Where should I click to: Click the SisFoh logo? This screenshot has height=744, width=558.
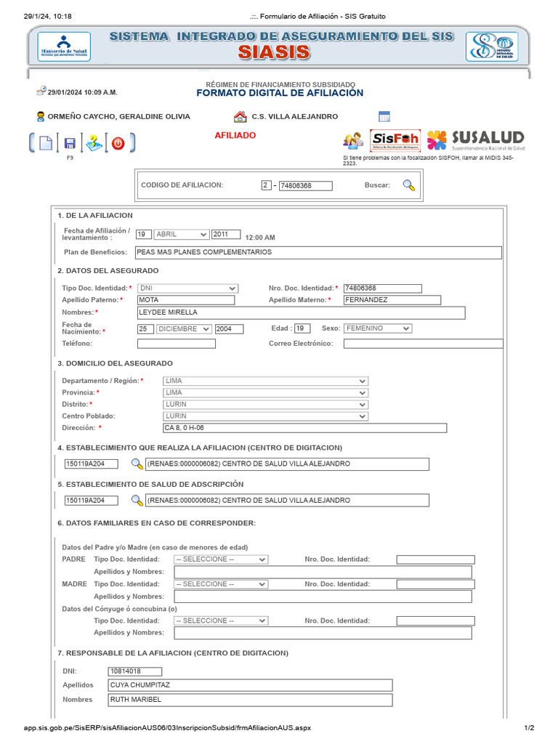tap(395, 139)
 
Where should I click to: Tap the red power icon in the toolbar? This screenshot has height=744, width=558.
tap(118, 143)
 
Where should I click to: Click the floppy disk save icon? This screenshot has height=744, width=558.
tap(70, 143)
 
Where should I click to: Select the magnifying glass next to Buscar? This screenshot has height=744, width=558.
tap(409, 185)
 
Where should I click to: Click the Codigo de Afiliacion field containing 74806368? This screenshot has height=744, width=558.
tap(305, 186)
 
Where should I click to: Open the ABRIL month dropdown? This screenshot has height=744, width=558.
tap(181, 235)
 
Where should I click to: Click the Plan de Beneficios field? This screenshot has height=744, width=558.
tap(318, 252)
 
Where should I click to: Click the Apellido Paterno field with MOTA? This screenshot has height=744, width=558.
tap(186, 300)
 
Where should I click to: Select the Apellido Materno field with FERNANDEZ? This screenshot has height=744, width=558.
tap(392, 300)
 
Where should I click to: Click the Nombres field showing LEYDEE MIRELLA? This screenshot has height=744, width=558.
tap(301, 312)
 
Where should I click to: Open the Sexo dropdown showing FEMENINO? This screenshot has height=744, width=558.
tap(377, 328)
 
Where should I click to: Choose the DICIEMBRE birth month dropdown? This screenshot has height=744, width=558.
tap(184, 329)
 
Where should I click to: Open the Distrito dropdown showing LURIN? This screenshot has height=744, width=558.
tap(265, 404)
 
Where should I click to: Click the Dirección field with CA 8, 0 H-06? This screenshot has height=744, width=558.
tap(304, 428)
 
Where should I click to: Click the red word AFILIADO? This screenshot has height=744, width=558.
tap(235, 136)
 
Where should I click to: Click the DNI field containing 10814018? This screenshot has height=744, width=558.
tap(134, 672)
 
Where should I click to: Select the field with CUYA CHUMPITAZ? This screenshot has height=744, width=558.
tap(250, 685)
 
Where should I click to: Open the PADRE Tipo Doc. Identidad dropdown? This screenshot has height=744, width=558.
tap(220, 559)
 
